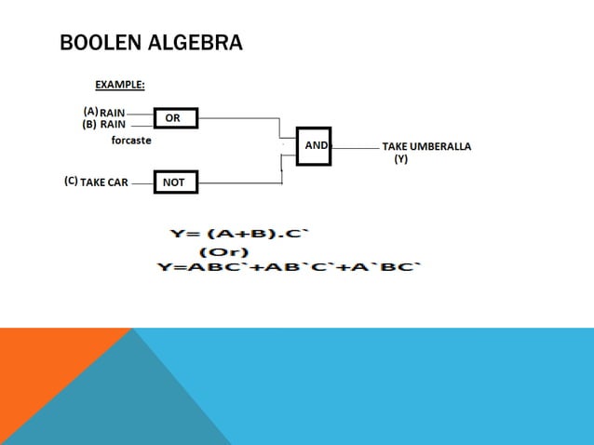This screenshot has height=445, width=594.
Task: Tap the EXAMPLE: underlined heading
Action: point(120,85)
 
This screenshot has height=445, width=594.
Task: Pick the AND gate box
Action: point(314,146)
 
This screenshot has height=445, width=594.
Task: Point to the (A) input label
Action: point(90,112)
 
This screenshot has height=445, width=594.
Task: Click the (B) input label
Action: point(90,124)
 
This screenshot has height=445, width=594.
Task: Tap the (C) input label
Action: point(71,182)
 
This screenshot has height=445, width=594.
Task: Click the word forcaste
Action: point(131,141)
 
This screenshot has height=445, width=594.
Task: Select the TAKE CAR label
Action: point(104,182)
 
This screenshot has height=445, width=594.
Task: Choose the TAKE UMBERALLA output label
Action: point(426,147)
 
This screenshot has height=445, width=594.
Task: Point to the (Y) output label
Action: point(400,159)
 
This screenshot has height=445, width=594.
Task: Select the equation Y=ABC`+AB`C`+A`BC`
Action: point(290,268)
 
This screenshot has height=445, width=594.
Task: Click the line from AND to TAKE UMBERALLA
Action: point(356,147)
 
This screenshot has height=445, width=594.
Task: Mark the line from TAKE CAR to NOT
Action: point(141,182)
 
